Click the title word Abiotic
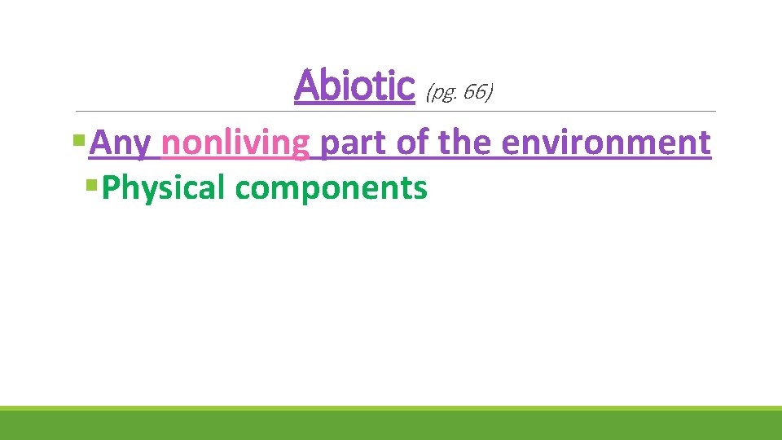click(x=354, y=86)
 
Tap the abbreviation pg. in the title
click(x=442, y=93)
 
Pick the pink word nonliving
click(x=235, y=143)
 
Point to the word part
click(x=354, y=143)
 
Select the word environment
click(x=606, y=143)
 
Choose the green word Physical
click(x=165, y=188)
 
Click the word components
click(x=331, y=188)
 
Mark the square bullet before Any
click(x=78, y=140)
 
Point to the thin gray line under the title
click(x=570, y=111)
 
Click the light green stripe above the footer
click(x=391, y=408)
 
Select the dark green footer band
click(x=391, y=425)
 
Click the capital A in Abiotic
click(x=307, y=86)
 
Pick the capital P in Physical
click(x=112, y=188)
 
